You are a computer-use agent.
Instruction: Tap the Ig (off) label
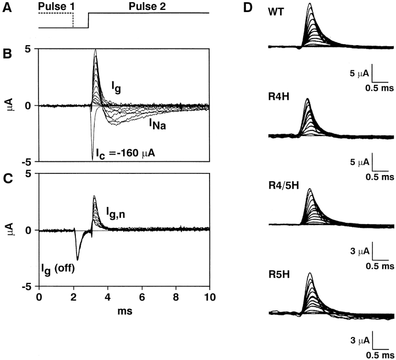[61, 268]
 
